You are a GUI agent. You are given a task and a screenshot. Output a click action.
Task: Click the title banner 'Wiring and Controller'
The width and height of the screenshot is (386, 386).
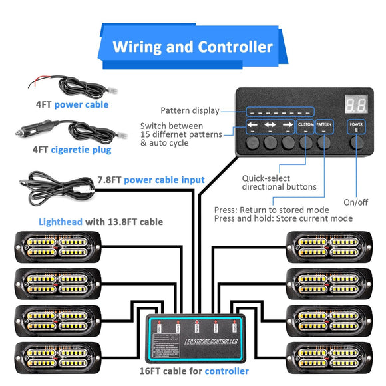(192, 47)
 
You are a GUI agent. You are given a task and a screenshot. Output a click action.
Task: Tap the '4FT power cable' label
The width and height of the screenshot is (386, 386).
(73, 104)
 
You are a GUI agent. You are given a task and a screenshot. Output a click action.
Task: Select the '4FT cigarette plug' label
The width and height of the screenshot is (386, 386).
(73, 150)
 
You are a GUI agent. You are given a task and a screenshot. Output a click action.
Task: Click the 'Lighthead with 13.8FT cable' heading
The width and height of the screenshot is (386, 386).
(100, 222)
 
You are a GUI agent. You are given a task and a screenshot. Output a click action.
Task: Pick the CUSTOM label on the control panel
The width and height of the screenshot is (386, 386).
(305, 124)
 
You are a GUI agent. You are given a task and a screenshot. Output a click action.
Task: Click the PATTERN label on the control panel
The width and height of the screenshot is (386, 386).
(324, 124)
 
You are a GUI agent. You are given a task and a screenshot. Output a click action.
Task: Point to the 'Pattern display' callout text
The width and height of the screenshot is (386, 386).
(190, 110)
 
